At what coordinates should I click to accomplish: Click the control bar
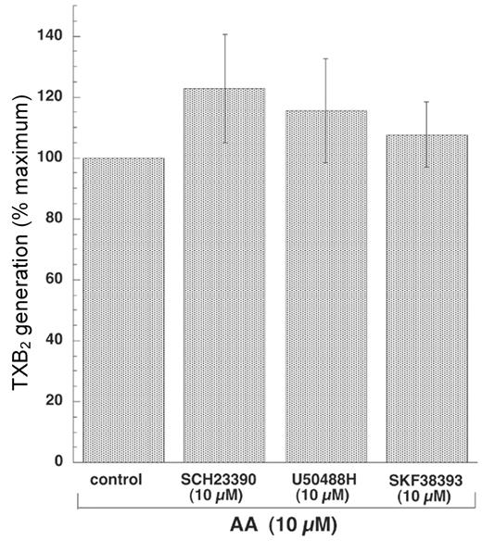pos(123,309)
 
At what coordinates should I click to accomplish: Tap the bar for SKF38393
pos(426,297)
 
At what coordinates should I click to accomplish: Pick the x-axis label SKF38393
pos(426,480)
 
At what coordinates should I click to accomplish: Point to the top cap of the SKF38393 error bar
pos(426,102)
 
